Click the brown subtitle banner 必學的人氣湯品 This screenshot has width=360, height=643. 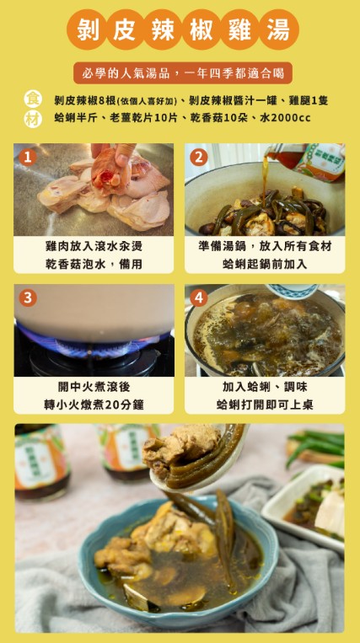click(180, 72)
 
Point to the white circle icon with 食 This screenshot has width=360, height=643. click(33, 99)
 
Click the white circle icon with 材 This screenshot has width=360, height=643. click(33, 118)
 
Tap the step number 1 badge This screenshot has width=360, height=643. click(28, 157)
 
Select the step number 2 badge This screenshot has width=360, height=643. click(199, 157)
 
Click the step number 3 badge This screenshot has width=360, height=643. click(28, 297)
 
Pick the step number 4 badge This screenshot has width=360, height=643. click(199, 297)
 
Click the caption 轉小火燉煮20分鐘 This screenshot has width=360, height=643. click(94, 405)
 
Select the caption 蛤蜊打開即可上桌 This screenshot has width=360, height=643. click(265, 405)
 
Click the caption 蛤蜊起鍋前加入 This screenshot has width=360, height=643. click(265, 264)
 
